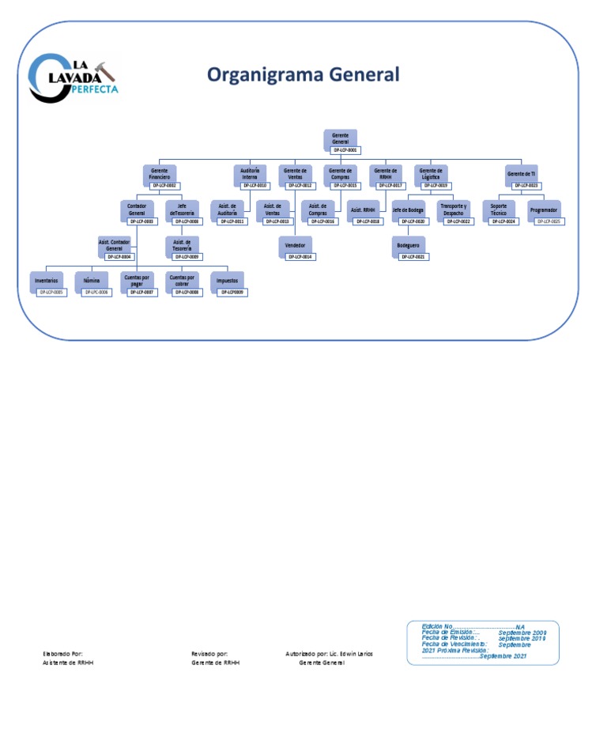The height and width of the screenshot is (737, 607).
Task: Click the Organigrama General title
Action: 303,74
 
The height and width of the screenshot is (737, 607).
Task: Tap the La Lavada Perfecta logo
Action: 73,79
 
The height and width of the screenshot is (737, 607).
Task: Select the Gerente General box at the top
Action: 341,138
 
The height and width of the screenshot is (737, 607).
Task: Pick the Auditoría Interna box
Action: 250,174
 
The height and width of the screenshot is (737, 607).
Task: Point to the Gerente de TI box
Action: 521,173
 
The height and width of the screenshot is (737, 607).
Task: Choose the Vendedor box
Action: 295,245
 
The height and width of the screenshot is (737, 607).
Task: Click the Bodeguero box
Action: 409,245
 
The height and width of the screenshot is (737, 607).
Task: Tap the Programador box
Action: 544,210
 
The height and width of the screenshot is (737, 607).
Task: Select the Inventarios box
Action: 46,281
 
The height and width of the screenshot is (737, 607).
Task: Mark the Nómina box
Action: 92,281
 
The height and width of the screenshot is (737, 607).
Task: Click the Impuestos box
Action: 228,281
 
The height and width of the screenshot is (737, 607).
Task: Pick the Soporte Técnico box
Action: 499,210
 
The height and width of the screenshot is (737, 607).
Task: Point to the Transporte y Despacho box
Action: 454,210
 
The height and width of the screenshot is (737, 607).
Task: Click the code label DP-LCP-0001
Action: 345,150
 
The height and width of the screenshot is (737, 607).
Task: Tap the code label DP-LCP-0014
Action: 300,257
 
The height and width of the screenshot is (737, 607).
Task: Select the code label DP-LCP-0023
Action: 526,186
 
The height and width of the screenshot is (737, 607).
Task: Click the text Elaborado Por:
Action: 62,654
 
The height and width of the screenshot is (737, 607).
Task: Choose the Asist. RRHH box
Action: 363,210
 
